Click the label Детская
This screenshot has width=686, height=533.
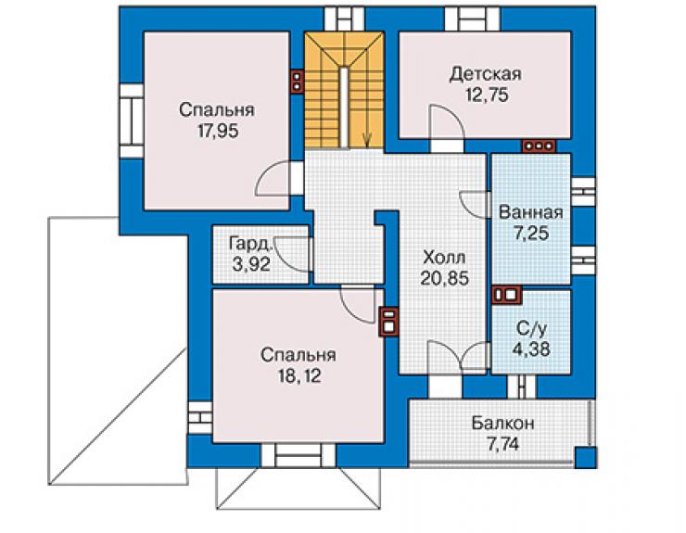[485, 73]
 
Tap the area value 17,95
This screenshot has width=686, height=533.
[218, 131]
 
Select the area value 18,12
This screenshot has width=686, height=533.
[299, 376]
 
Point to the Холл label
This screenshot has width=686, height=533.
[444, 258]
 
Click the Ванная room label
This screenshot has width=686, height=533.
[530, 212]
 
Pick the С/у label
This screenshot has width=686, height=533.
[530, 328]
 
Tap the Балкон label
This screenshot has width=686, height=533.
[502, 424]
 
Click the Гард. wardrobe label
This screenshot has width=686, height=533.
[251, 244]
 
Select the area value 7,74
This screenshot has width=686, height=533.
[502, 445]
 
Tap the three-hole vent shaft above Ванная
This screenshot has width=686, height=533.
[539, 146]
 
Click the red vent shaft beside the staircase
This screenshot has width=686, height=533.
[298, 82]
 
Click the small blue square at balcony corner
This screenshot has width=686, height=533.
[584, 458]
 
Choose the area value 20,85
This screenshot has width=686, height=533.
[444, 278]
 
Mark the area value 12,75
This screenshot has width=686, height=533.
[487, 95]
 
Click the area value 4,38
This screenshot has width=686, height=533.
[531, 349]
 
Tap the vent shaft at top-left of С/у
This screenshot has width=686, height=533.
[507, 295]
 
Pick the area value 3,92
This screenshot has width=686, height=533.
[251, 264]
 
